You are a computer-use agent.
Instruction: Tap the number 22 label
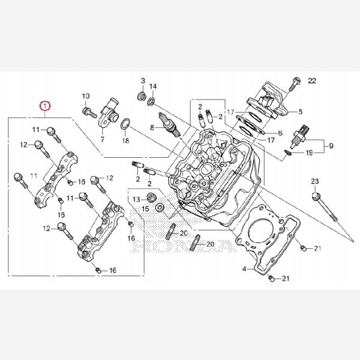click(x=311, y=81)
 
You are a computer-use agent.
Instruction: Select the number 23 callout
click(x=315, y=181)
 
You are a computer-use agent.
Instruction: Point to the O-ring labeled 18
click(x=125, y=125)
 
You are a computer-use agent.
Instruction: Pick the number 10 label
click(x=85, y=96)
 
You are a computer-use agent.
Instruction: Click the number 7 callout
click(x=102, y=139)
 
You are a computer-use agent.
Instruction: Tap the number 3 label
click(x=143, y=80)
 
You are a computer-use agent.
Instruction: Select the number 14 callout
click(x=153, y=86)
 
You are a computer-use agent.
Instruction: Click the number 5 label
click(x=301, y=112)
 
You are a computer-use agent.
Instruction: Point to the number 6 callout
click(x=281, y=133)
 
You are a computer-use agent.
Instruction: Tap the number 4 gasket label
click(x=245, y=269)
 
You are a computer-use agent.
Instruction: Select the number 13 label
click(x=136, y=199)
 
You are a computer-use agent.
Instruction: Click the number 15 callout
click(x=144, y=208)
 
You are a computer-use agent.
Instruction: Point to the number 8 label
click(x=152, y=127)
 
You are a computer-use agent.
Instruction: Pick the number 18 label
click(x=125, y=141)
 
